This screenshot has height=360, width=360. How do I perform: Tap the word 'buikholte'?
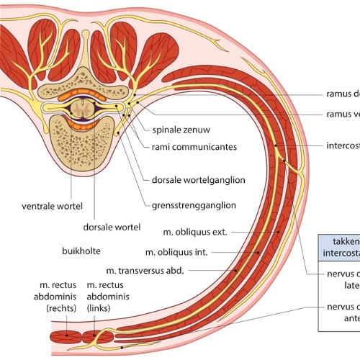[80, 252]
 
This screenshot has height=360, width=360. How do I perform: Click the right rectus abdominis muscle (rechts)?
[67, 336]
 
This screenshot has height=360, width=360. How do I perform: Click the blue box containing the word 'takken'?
[340, 248]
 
